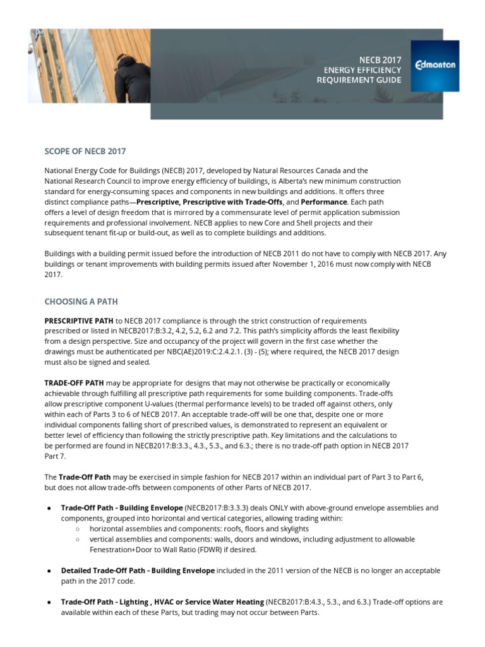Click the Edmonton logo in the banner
pyautogui.click(x=434, y=65)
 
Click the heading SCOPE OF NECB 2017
pyautogui.click(x=85, y=151)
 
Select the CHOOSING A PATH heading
pyautogui.click(x=81, y=301)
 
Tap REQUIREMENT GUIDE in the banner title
pyautogui.click(x=359, y=80)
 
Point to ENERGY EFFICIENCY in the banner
pyautogui.click(x=362, y=70)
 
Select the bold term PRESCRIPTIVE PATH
pyautogui.click(x=78, y=321)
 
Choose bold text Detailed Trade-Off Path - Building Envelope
pyautogui.click(x=138, y=571)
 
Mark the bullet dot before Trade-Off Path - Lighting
pyautogui.click(x=49, y=602)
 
